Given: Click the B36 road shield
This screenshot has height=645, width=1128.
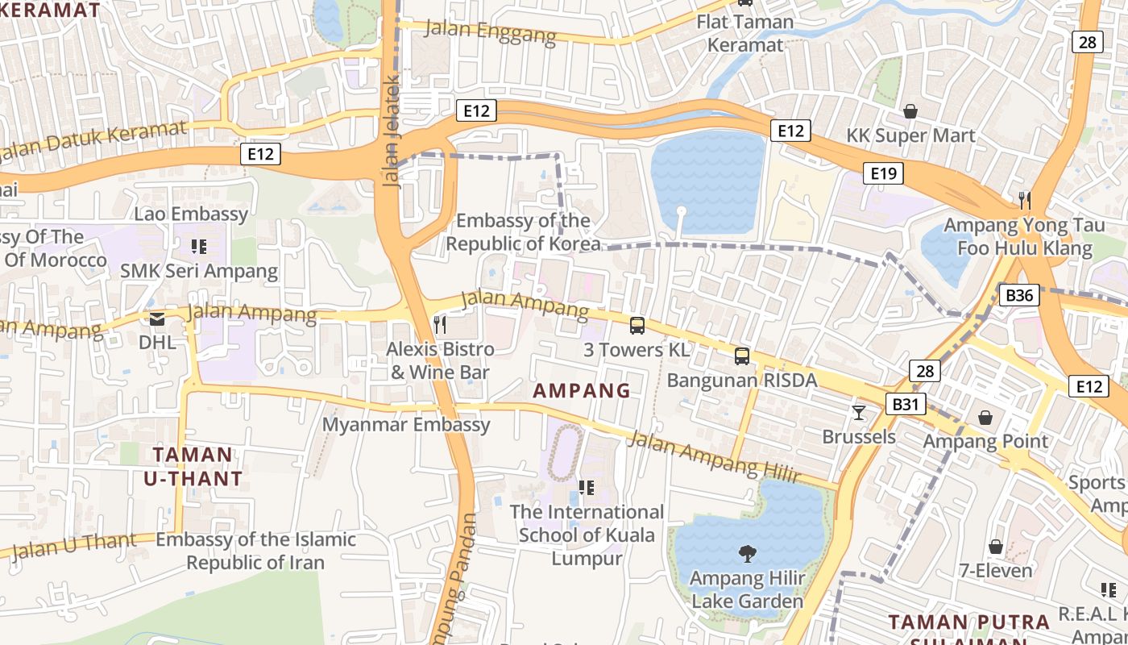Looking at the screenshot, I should click(x=1019, y=295).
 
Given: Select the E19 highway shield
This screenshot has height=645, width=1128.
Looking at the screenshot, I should click(x=883, y=173).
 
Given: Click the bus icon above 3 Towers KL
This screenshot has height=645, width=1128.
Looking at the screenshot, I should click(x=637, y=326).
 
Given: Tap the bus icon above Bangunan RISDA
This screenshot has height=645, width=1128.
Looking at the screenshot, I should click(x=742, y=356).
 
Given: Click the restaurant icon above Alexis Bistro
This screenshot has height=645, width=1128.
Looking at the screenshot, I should click(x=440, y=325).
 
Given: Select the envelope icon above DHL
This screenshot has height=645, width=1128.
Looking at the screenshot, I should click(x=156, y=318).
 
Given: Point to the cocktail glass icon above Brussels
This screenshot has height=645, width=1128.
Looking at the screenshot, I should click(x=859, y=413).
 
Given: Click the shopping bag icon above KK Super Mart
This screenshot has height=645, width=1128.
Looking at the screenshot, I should click(x=910, y=111).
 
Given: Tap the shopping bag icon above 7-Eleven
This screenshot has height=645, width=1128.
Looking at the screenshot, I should click(x=996, y=547).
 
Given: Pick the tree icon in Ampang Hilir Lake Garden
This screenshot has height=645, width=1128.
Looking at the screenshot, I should click(x=747, y=554).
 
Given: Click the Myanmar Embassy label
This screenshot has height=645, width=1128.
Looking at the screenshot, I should click(x=406, y=425).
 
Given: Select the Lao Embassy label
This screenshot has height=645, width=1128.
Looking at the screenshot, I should click(x=191, y=214).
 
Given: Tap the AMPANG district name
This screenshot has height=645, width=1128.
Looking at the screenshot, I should click(x=582, y=391).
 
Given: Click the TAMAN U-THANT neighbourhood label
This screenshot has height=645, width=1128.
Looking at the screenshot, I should click(x=193, y=467).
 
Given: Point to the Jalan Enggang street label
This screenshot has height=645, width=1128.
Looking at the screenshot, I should click(x=490, y=32).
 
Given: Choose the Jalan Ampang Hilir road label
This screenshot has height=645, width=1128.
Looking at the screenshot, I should click(x=713, y=456).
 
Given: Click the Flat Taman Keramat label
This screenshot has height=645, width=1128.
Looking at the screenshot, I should click(x=745, y=33).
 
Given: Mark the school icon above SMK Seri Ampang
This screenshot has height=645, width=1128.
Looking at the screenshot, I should click(x=198, y=247).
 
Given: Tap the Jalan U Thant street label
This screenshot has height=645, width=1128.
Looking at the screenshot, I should click(x=74, y=545).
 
